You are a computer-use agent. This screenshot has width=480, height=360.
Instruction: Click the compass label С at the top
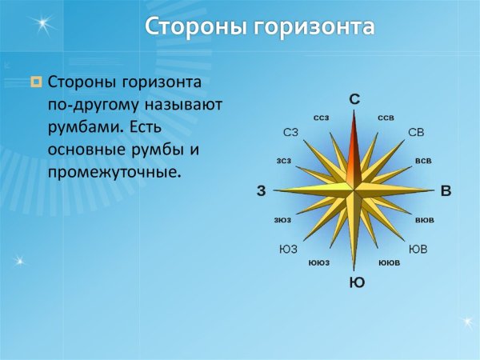coord(354,99)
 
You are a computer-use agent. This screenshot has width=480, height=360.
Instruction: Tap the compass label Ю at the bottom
coord(357,282)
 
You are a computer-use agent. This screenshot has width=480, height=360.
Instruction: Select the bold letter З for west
coord(261,191)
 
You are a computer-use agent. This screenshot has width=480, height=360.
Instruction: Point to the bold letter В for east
coord(446,191)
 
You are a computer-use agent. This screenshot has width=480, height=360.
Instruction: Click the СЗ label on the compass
coord(291,132)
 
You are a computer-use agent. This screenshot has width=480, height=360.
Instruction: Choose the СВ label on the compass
coord(416,132)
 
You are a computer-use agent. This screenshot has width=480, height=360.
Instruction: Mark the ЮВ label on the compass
coord(418,249)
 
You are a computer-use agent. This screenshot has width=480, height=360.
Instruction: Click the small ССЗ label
coord(321,118)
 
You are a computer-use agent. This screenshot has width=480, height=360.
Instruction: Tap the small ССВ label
coord(386,118)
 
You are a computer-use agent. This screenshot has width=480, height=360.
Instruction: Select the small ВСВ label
coord(423,161)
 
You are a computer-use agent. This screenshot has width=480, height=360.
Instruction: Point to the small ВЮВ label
coord(425,219)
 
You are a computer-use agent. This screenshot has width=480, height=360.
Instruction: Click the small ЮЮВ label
coord(389,262)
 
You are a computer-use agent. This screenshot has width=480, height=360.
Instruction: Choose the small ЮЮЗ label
coord(318,262)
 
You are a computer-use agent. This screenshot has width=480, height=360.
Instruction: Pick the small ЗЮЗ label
coord(282,219)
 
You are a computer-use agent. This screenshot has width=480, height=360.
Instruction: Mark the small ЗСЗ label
coord(284,161)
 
